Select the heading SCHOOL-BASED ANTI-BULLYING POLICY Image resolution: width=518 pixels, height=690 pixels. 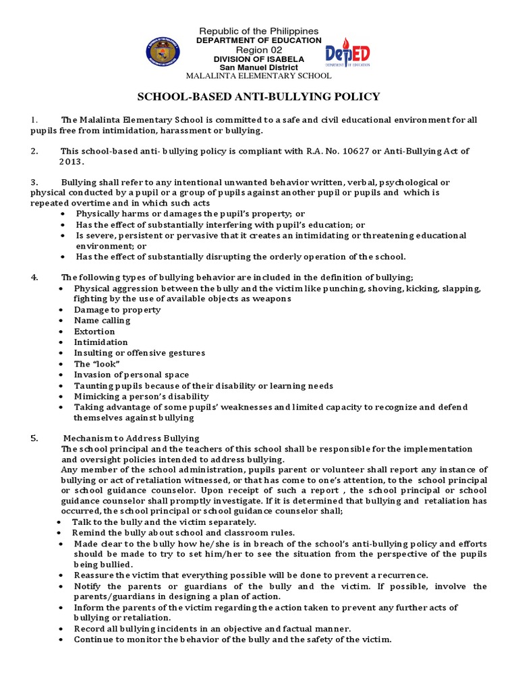258,96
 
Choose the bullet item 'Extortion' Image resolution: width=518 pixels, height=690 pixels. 95,332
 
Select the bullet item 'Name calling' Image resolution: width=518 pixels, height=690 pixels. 103,321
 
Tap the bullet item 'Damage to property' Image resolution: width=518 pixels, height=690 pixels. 118,310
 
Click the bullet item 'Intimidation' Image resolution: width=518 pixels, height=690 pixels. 101,342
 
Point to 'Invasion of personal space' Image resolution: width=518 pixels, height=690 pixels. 132,375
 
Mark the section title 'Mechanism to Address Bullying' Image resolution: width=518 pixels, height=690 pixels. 132,438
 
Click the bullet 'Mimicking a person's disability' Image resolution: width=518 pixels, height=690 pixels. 142,396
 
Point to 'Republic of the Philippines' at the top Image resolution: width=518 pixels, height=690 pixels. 258,32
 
